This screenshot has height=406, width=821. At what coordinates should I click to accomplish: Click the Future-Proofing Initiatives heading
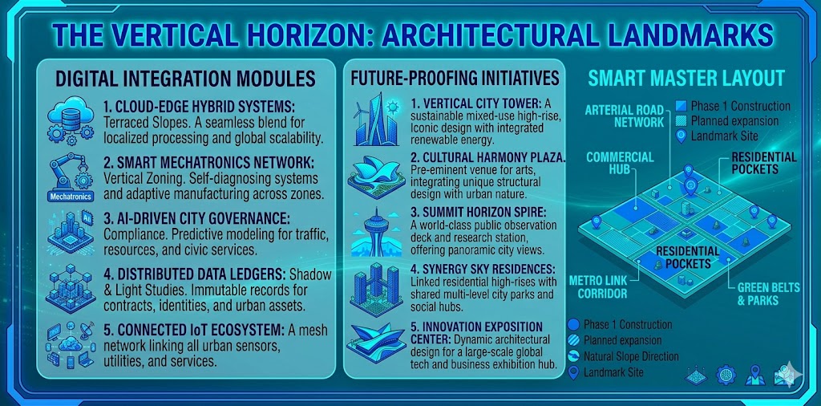[x=454, y=78]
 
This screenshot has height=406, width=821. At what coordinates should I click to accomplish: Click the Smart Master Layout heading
[x=686, y=79]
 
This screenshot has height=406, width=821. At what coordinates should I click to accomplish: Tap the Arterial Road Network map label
[x=625, y=116]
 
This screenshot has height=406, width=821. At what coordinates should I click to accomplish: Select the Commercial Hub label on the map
[x=620, y=164]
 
